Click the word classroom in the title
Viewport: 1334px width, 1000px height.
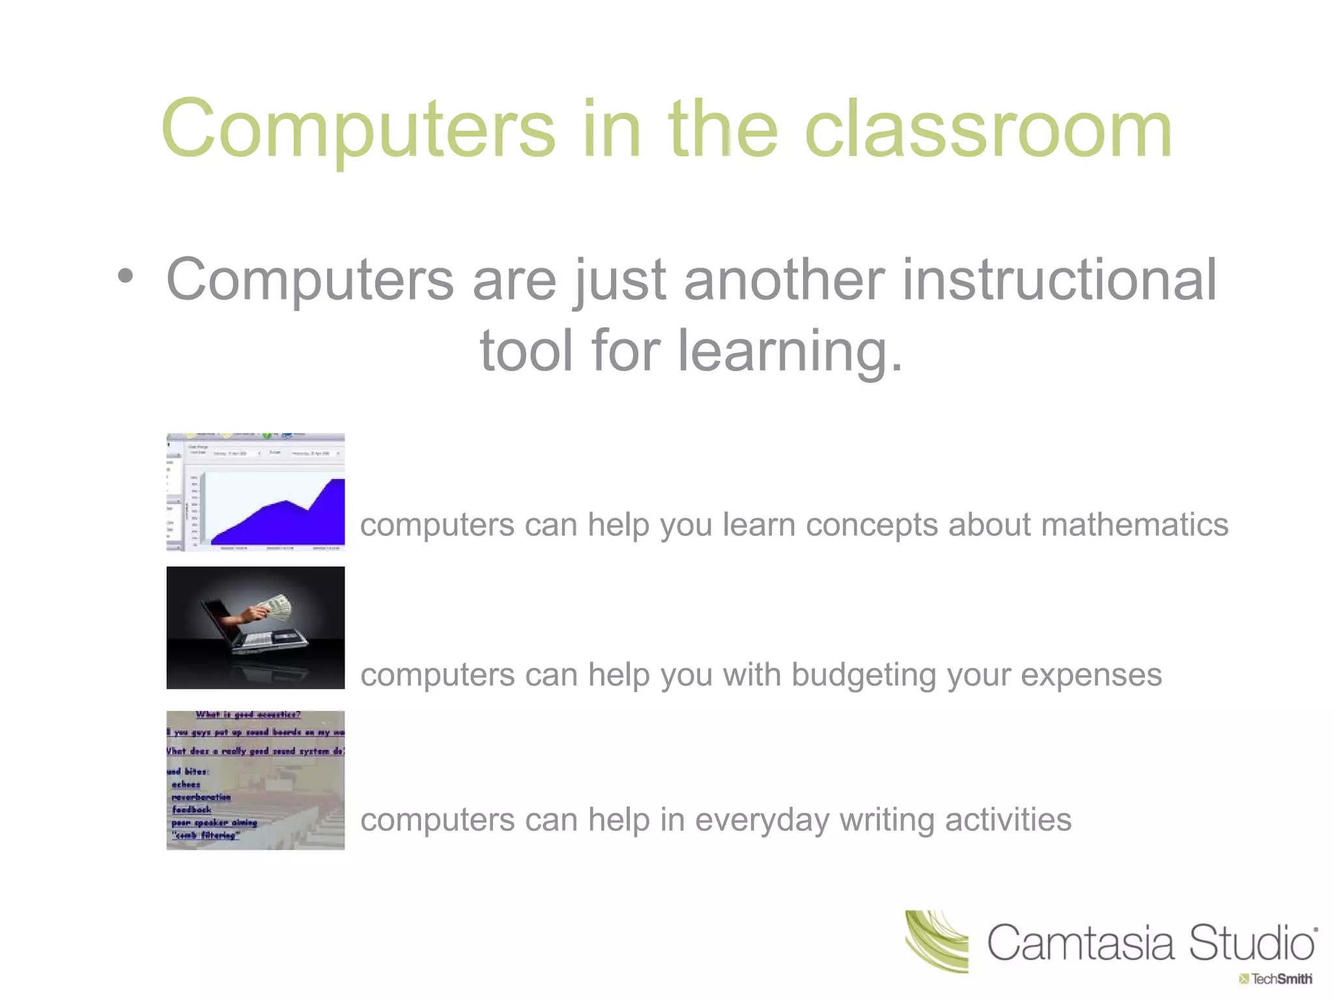tap(989, 130)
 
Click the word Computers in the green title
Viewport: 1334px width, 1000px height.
tap(358, 130)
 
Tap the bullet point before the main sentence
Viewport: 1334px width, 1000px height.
tap(126, 276)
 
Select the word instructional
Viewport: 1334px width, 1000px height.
tap(1059, 280)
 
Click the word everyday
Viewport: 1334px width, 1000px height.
tap(762, 820)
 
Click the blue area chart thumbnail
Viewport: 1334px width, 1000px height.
tap(255, 493)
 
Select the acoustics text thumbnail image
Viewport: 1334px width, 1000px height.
tap(255, 780)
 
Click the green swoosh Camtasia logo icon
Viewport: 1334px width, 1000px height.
tap(937, 941)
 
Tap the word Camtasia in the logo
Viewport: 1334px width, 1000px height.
tap(1081, 943)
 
